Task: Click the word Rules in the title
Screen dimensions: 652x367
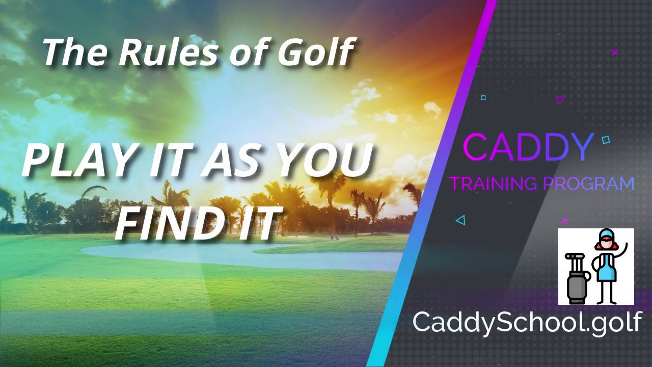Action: pos(168,53)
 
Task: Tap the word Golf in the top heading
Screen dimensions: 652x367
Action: pos(316,52)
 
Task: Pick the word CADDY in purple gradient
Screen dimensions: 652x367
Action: pos(527,147)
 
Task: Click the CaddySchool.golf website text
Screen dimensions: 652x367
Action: pos(527,322)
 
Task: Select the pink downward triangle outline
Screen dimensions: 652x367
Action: pos(560,100)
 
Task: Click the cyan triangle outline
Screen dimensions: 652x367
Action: pos(461,220)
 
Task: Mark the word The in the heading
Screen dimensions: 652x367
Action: pos(74,53)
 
